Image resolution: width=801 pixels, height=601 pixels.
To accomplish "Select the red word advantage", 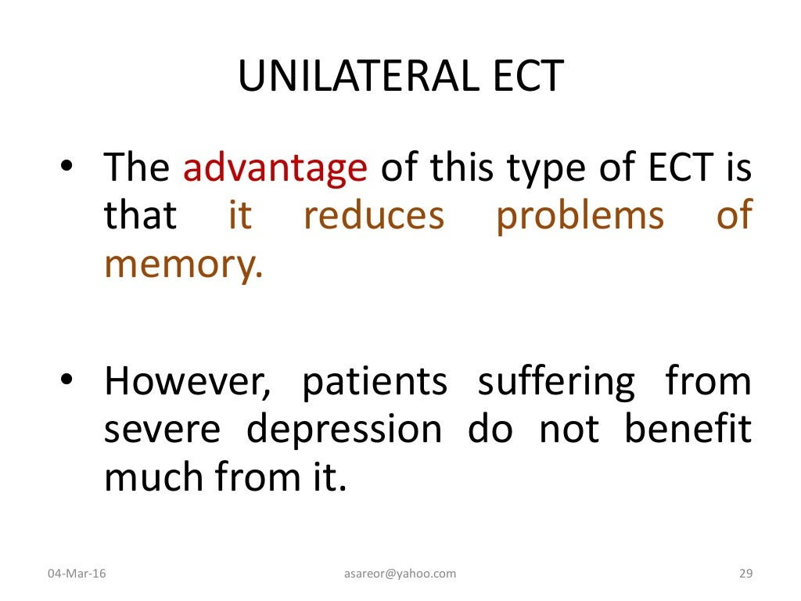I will tap(275, 167).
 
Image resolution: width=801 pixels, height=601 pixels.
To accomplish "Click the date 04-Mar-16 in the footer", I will tap(77, 574).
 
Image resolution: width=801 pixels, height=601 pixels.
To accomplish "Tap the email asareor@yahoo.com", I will tap(400, 574).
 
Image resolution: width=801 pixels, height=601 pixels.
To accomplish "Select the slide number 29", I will tap(745, 574).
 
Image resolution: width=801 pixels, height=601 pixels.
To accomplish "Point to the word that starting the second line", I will tap(141, 216).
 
